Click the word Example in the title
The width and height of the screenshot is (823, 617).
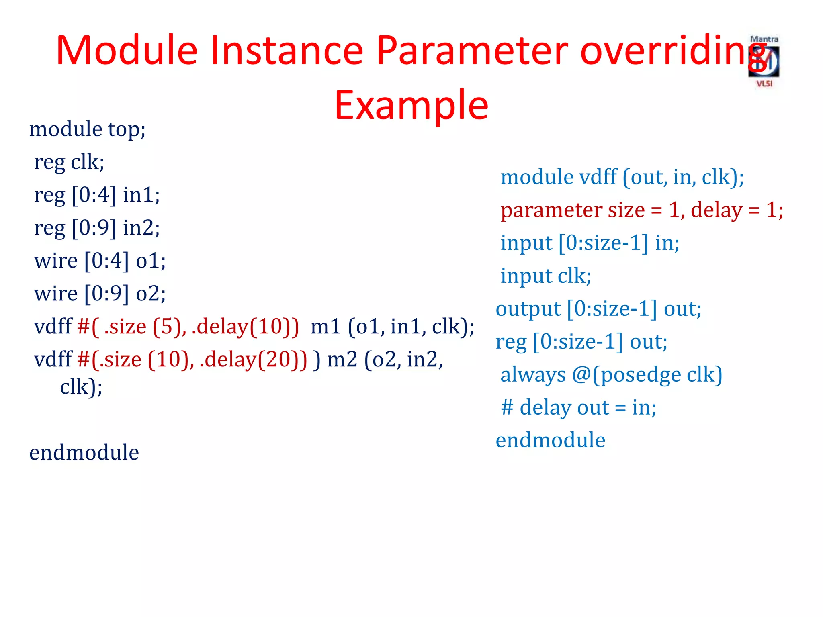pos(411,105)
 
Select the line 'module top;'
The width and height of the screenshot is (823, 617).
pos(87,129)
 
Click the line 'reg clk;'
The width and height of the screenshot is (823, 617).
pos(69,162)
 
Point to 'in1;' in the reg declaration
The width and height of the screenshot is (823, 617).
pos(141,195)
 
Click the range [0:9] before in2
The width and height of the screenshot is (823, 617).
pos(94,228)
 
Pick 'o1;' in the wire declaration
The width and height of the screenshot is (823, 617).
pos(151,261)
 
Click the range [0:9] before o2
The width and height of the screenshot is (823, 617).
pos(107,294)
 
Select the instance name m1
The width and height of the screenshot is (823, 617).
pos(326,327)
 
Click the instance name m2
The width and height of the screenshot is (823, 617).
pos(342,360)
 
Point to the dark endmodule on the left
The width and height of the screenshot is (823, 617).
pos(84,453)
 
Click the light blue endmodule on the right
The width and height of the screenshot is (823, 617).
pos(550,440)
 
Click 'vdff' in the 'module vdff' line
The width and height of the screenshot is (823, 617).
pos(598,177)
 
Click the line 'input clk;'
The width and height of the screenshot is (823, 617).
pos(545,276)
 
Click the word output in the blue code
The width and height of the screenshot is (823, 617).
pos(528,309)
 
